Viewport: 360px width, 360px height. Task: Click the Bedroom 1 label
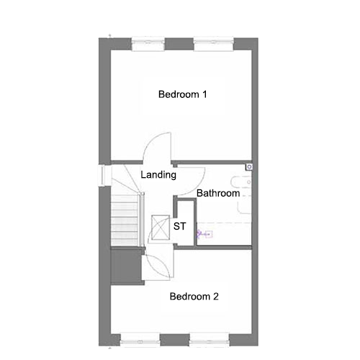pos(182,94)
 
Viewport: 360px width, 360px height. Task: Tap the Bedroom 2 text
pos(194,297)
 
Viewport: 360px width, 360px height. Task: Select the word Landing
pos(158,175)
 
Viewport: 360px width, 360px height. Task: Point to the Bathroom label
pos(218,193)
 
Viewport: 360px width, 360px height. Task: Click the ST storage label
pos(179,226)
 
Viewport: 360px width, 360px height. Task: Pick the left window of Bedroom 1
pos(148,44)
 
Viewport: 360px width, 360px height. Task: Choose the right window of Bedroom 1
pos(214,44)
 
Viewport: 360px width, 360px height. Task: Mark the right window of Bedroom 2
pos(210,340)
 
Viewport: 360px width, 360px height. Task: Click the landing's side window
pos(105,176)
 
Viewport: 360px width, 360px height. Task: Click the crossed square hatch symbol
pos(161,228)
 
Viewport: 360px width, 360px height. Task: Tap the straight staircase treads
pos(125,220)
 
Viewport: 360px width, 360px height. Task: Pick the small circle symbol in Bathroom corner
pos(249,167)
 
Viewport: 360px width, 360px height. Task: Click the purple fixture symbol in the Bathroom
pos(204,234)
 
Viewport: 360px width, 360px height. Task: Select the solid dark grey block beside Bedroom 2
pos(127,266)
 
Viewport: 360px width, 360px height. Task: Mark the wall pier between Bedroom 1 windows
pos(179,44)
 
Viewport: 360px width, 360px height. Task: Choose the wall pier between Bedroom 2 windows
pos(174,340)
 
